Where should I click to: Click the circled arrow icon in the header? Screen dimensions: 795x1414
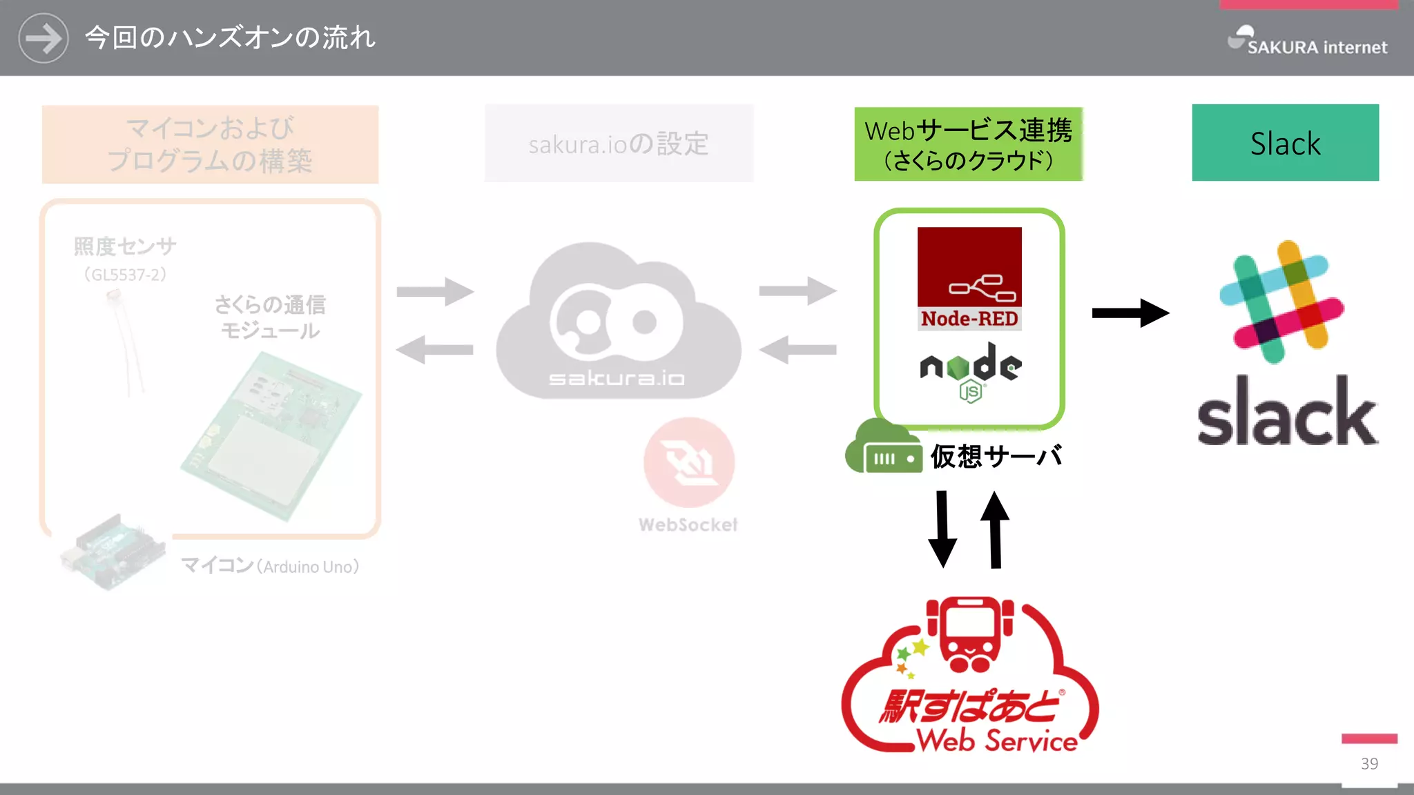click(43, 38)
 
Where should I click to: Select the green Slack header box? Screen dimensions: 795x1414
click(1285, 143)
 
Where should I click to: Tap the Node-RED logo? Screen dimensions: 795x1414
click(969, 278)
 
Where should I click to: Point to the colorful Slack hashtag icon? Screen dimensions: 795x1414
click(1282, 302)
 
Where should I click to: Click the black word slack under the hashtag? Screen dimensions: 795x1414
click(1286, 413)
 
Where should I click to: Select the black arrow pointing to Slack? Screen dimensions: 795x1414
click(1130, 313)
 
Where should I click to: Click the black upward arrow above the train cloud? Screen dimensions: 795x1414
click(995, 529)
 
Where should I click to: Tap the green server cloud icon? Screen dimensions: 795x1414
click(884, 448)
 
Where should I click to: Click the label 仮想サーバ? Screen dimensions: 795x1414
click(995, 457)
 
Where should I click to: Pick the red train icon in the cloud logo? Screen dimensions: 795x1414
click(970, 634)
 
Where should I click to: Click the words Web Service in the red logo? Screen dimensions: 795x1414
click(996, 740)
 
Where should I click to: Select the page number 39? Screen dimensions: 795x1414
click(1369, 763)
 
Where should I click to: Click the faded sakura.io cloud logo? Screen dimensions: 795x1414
click(617, 321)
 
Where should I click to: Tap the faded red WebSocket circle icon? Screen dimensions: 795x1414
click(688, 462)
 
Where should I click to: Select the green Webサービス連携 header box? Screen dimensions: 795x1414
click(968, 144)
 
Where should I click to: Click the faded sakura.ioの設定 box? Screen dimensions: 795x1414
click(619, 144)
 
